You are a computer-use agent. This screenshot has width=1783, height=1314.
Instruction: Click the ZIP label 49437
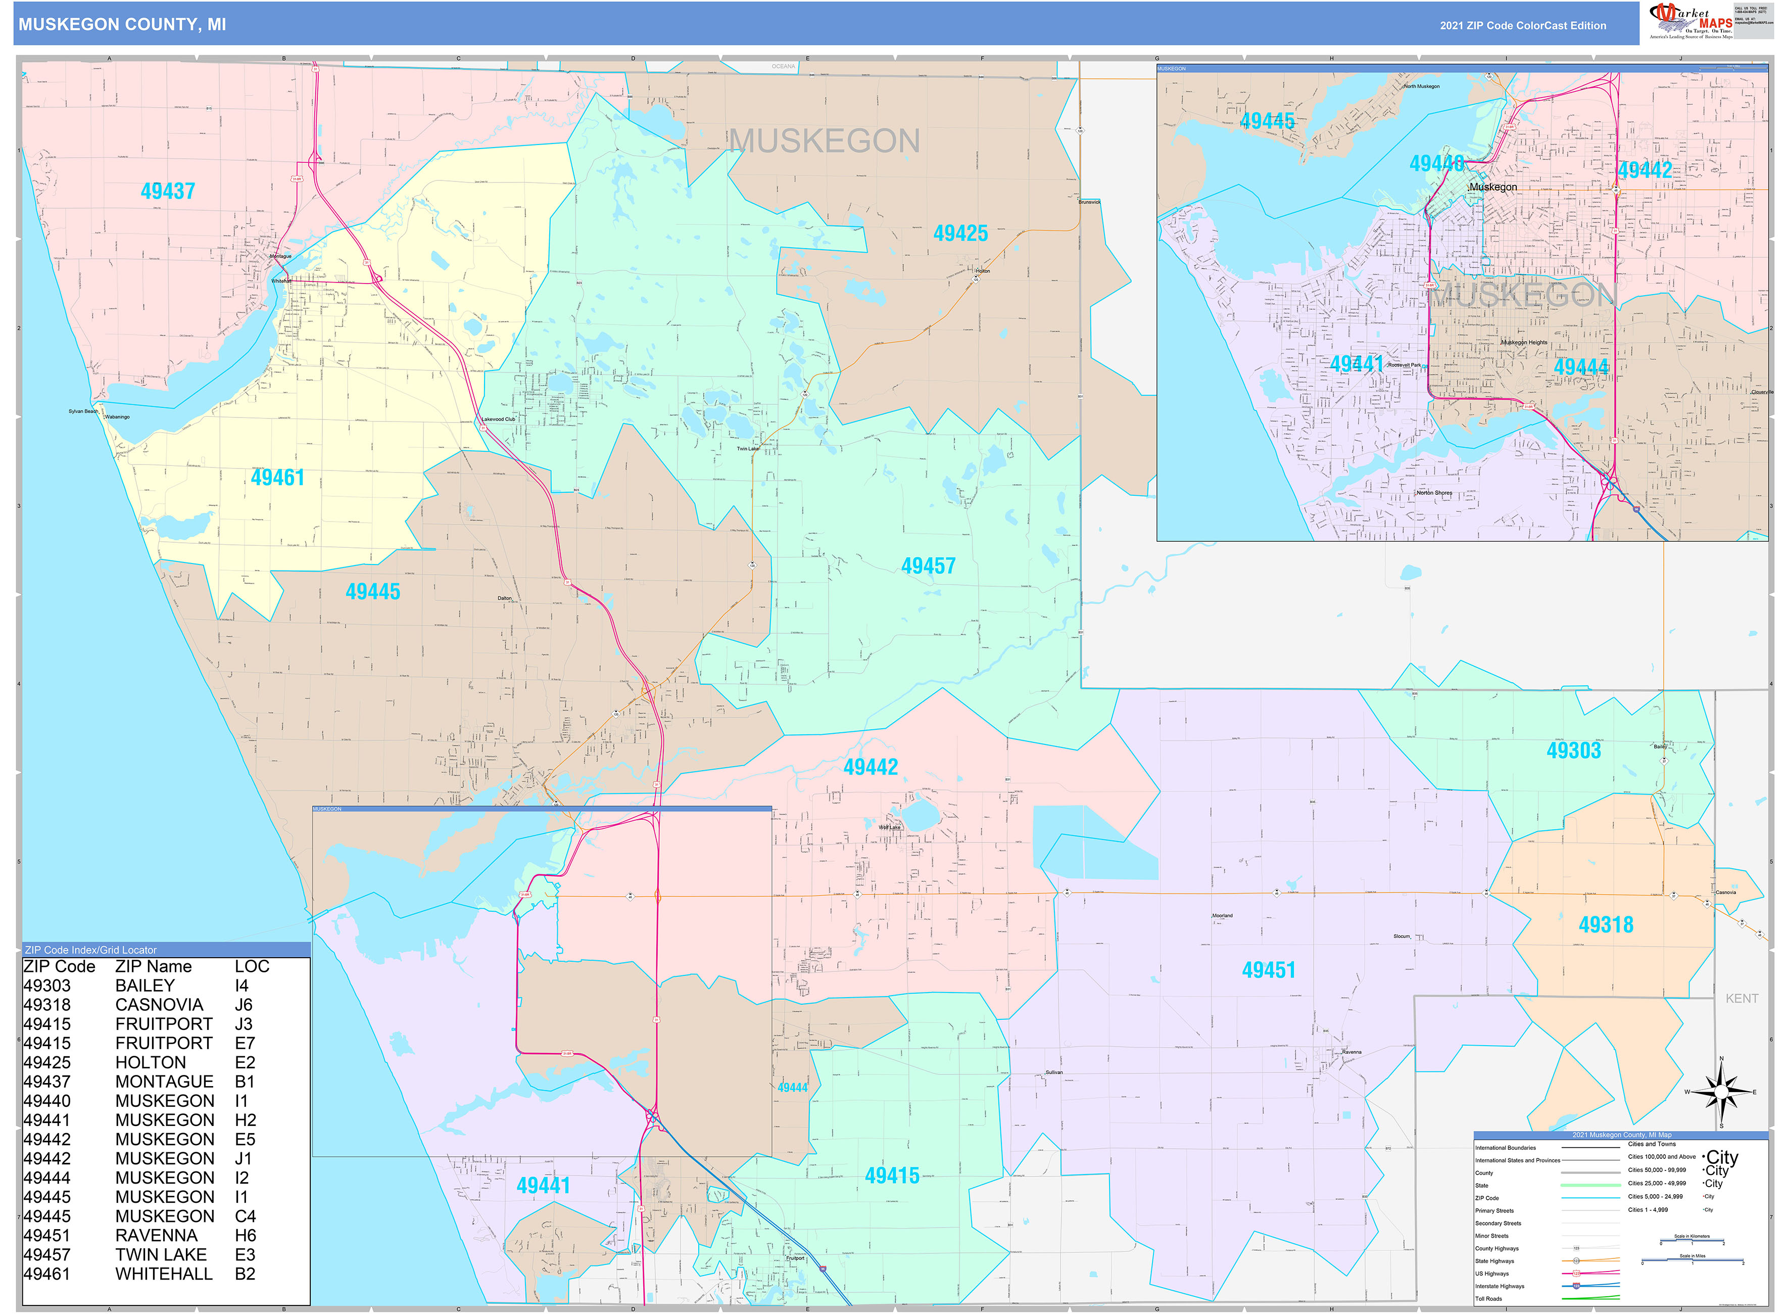point(168,191)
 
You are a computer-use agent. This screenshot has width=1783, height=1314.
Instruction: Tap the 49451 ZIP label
point(1269,970)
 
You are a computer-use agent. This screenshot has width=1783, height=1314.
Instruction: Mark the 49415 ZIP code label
point(891,1176)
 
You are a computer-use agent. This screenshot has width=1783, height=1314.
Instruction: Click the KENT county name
point(1741,998)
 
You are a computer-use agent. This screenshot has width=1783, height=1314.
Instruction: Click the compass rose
point(1721,1092)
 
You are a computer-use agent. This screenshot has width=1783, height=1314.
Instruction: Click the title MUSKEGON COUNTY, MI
point(122,25)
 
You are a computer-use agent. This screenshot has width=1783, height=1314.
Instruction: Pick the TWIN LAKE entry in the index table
point(161,1254)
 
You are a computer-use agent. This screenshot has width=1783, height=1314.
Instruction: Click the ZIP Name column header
point(154,966)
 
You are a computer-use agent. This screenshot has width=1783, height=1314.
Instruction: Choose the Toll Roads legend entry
point(1489,1299)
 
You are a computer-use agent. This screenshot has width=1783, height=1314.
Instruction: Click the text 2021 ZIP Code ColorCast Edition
point(1522,25)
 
